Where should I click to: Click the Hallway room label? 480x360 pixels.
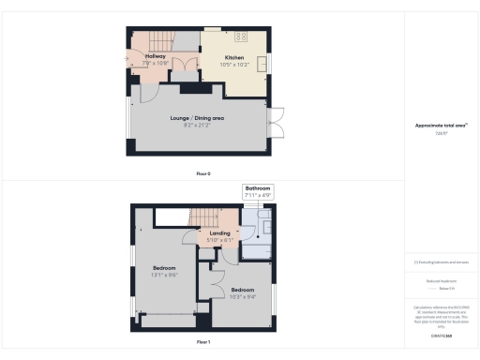click(155, 56)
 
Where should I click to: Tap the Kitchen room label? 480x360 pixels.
click(234, 57)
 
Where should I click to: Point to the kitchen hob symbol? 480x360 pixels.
click(240, 37)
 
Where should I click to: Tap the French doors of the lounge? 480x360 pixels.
click(275, 122)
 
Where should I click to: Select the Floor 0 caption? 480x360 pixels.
click(202, 172)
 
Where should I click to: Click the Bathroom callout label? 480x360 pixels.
click(258, 188)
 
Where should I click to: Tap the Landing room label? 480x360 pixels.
click(219, 233)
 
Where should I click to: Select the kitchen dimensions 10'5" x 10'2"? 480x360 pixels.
click(234, 65)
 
